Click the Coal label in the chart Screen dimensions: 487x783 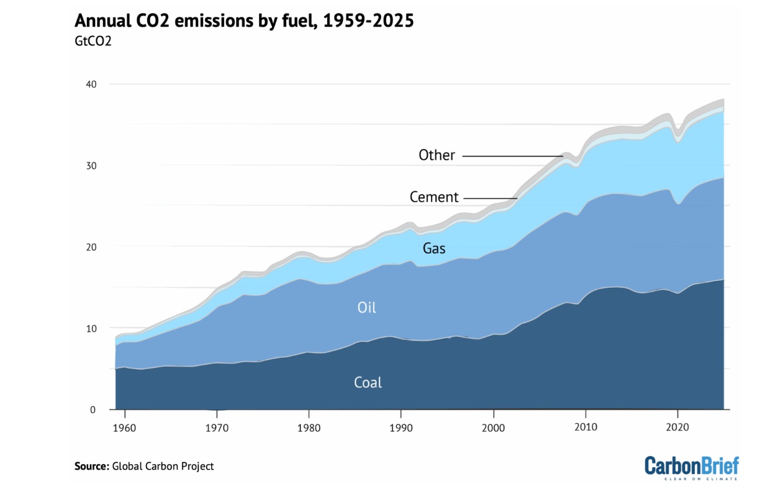[368, 382]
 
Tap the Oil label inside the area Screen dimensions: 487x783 [366, 307]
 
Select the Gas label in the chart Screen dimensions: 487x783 [434, 249]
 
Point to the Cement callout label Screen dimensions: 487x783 [434, 198]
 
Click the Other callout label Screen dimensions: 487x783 [437, 155]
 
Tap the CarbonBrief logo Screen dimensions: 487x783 [691, 467]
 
